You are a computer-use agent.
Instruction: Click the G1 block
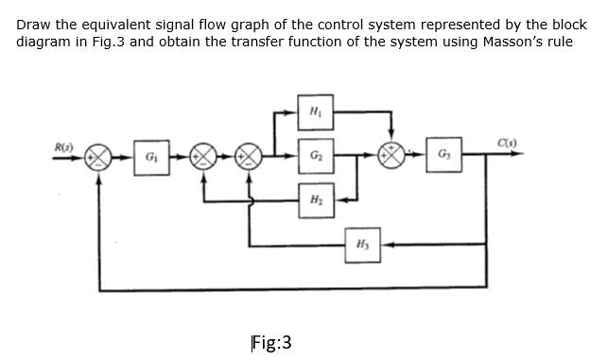pos(150,154)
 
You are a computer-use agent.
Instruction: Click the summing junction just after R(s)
pos(98,154)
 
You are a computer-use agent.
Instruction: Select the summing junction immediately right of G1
pos(202,154)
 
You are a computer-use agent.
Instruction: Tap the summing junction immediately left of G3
pos(392,154)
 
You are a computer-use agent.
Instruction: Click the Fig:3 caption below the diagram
pos(271,341)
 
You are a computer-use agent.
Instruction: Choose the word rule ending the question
pos(558,42)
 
